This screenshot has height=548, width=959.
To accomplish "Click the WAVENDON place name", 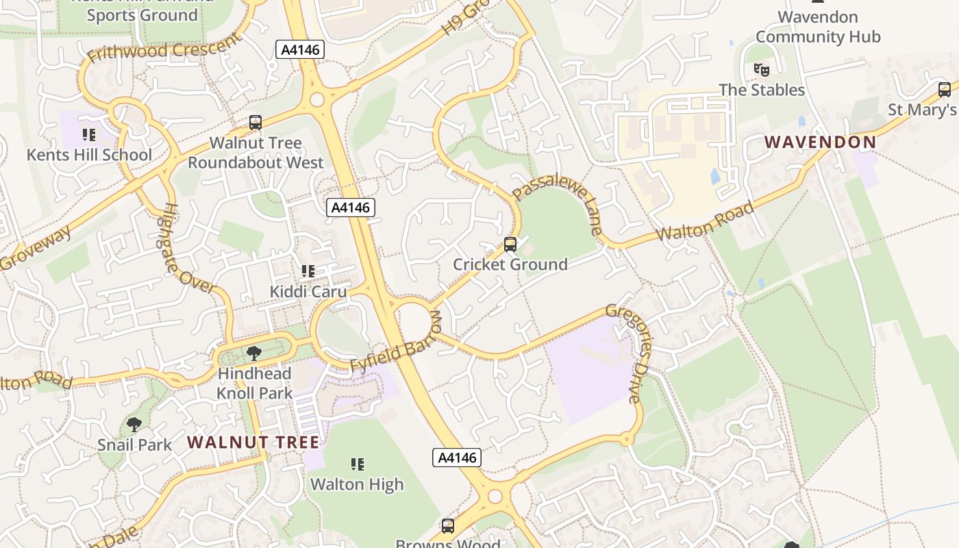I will tap(820, 142).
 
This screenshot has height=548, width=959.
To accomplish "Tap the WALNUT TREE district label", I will tap(253, 442).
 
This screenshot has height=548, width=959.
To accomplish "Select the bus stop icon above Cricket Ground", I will tap(510, 245).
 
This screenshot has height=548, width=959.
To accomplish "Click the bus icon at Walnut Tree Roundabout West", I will tap(256, 123).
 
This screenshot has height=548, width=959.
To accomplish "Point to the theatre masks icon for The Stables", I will tap(761, 69).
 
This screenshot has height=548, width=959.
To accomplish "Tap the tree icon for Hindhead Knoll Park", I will tap(254, 353).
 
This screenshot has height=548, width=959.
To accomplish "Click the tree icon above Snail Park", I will tap(134, 425).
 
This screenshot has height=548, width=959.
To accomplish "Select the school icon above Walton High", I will tap(357, 464).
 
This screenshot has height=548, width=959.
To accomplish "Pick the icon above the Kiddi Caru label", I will tap(308, 271).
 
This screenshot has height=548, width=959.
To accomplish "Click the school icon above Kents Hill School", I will tap(88, 134).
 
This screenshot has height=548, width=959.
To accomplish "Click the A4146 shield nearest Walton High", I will tap(457, 458).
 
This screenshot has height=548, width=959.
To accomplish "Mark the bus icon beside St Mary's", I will tap(944, 90).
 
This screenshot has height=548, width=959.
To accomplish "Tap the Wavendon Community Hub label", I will tap(817, 27).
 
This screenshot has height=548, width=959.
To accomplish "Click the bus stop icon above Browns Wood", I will tap(447, 526).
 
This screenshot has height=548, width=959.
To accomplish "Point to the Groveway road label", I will tap(36, 248).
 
